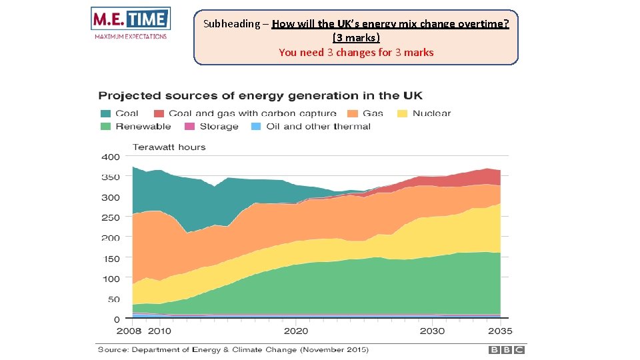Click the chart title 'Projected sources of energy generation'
tap(260, 96)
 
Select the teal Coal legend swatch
tap(106, 113)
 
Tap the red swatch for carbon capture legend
tap(159, 113)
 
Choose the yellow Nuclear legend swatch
tap(403, 113)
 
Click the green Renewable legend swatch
tap(106, 126)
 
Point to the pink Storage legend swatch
tap(189, 126)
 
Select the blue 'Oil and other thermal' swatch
tap(255, 126)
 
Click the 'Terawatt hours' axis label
tap(169, 147)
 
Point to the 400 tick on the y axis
tap(110, 157)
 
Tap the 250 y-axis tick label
tap(110, 217)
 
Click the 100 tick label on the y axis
tap(110, 279)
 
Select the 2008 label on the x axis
tap(129, 331)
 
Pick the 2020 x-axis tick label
tap(296, 331)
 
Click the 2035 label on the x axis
tap(500, 331)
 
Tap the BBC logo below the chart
tap(507, 349)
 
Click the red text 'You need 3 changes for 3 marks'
tap(356, 52)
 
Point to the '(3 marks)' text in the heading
tap(356, 38)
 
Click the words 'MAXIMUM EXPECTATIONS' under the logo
tap(131, 36)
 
